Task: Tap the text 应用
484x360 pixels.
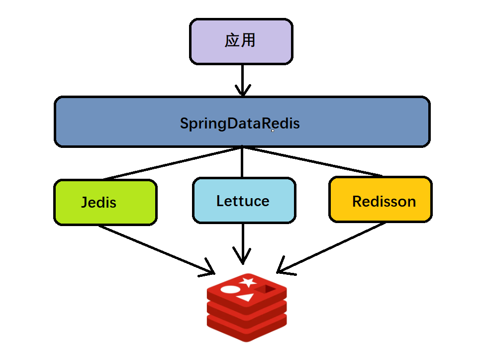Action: coord(240,40)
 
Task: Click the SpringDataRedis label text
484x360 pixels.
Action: coord(240,123)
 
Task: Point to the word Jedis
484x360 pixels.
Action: coord(98,203)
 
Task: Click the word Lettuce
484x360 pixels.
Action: coord(243,201)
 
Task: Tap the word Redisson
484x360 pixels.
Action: coord(384,202)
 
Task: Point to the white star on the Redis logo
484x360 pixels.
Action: coord(247,282)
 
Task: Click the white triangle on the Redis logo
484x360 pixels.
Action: coord(245,298)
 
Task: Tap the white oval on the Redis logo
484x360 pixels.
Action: coord(230,289)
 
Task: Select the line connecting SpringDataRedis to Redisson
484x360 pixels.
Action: coord(313,162)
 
